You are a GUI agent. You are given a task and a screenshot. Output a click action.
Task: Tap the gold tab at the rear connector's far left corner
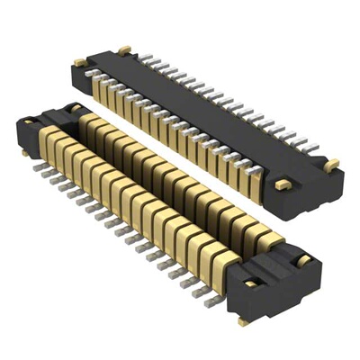[79, 61]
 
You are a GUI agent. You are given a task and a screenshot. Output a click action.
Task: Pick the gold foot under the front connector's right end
[243, 320]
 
